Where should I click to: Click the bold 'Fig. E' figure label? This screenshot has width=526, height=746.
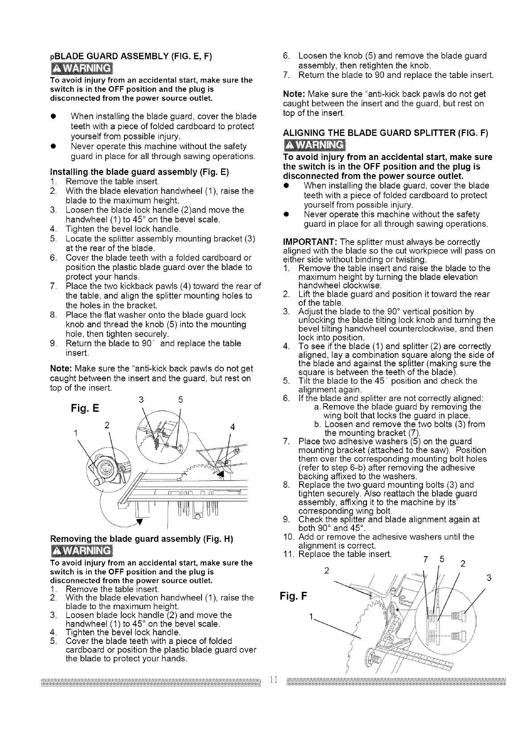coord(84,409)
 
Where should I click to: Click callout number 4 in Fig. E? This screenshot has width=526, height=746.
coord(232,426)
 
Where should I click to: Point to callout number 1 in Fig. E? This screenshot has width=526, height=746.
coord(77,432)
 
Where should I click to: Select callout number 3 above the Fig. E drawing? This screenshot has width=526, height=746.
coord(140,400)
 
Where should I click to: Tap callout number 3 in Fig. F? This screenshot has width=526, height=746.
coord(489,578)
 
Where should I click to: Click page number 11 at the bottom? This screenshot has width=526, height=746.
coord(274,680)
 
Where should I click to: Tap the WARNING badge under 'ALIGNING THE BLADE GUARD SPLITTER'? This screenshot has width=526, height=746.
coord(315,145)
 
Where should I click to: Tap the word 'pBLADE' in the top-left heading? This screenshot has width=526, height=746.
coord(66,56)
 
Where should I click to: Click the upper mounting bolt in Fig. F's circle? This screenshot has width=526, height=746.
coord(457,616)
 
